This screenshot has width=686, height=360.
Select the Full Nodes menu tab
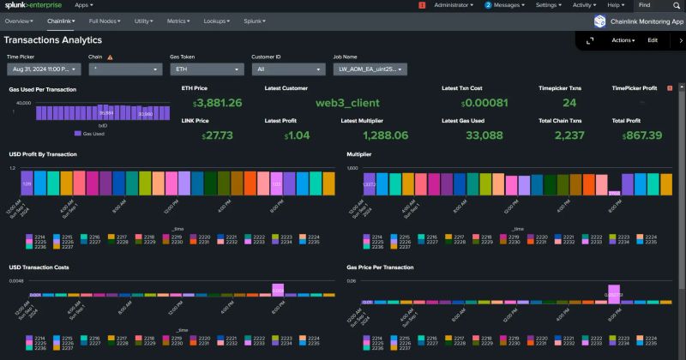(105, 20)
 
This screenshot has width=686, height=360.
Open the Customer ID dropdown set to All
(286, 69)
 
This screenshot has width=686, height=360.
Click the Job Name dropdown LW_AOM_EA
(370, 69)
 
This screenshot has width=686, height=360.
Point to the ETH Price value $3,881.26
(212, 103)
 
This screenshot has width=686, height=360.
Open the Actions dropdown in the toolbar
(623, 40)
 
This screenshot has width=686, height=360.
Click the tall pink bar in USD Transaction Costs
(278, 289)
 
